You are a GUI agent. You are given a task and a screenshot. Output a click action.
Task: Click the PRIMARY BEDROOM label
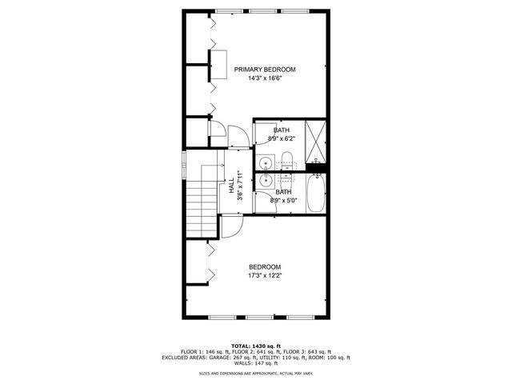tap(265, 70)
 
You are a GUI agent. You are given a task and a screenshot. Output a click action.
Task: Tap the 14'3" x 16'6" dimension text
tap(265, 78)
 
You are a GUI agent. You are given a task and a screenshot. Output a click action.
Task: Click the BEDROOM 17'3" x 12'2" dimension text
tap(265, 276)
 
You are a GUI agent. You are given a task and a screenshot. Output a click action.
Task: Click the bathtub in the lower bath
tap(316, 192)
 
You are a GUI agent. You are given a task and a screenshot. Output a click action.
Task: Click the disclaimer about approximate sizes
tap(255, 374)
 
